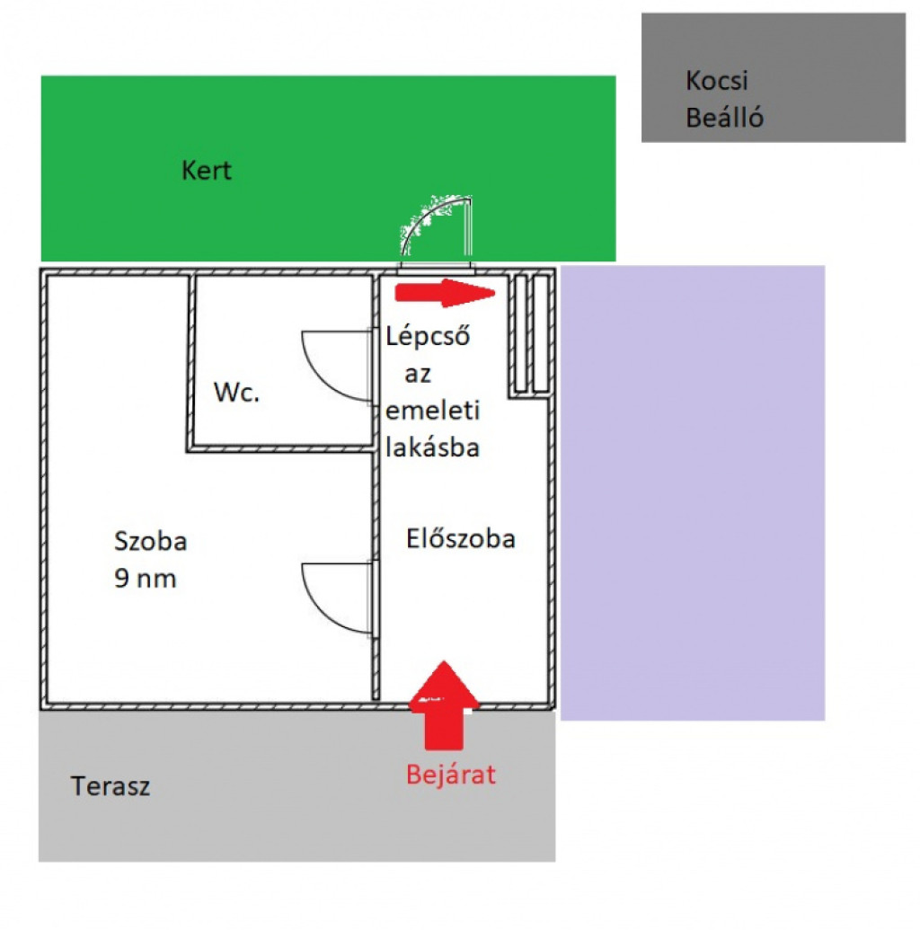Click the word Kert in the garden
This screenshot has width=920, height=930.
(206, 171)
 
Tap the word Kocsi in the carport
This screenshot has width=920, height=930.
(716, 81)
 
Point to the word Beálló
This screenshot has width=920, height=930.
(724, 118)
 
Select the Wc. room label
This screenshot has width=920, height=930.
(236, 393)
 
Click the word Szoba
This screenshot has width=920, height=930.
(150, 542)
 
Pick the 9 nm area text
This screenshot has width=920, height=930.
(145, 579)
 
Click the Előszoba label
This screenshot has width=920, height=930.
(461, 539)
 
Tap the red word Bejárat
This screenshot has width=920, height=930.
(450, 775)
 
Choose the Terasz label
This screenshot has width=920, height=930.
(111, 787)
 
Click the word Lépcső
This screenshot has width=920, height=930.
(429, 338)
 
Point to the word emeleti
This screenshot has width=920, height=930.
(432, 411)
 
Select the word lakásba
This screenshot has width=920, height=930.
(432, 447)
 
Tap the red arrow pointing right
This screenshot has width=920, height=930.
(446, 291)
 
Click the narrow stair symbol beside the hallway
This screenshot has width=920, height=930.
(529, 333)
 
